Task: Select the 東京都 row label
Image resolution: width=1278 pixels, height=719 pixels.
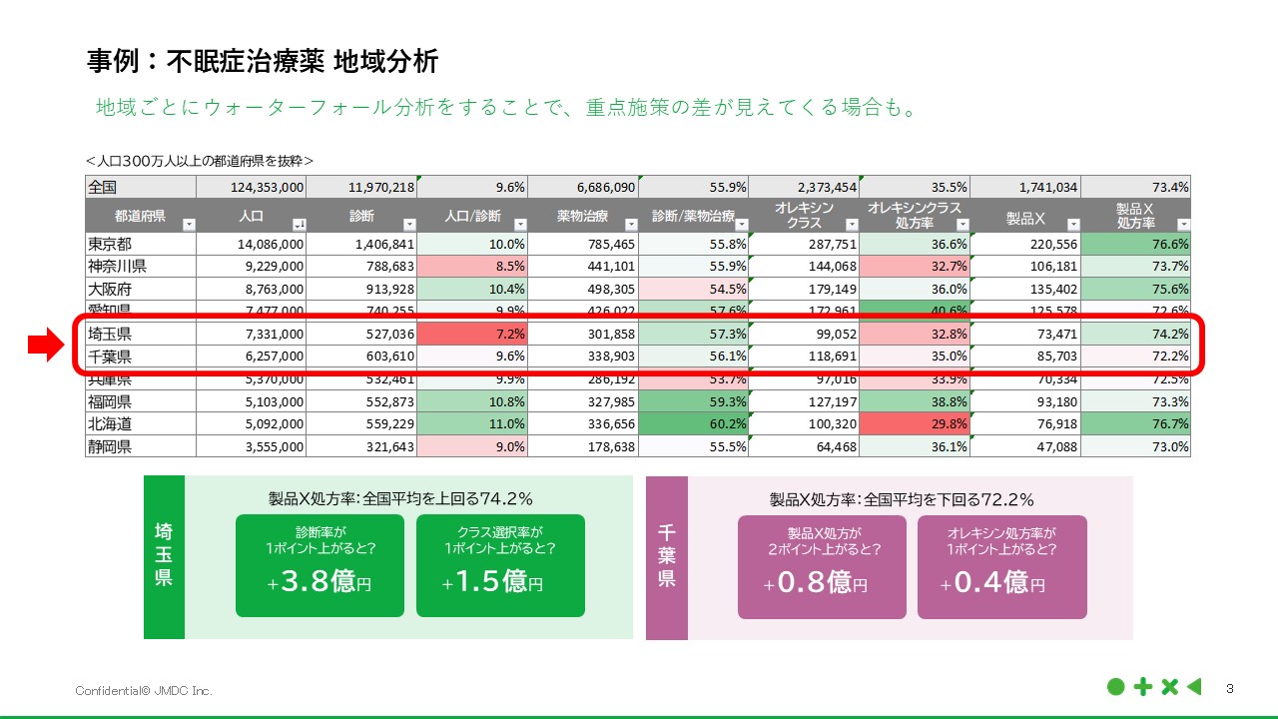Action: tap(110, 244)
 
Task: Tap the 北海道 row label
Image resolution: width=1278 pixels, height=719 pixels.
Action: tap(110, 423)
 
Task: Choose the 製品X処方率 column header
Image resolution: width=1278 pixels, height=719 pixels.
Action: tap(1135, 216)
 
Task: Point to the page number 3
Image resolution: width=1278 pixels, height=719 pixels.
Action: tap(1229, 688)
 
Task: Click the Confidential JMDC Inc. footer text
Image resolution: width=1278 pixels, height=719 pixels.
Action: tap(144, 691)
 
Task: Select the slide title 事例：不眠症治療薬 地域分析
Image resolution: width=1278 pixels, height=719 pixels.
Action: tap(263, 61)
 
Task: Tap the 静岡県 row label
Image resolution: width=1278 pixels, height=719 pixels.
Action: tap(110, 446)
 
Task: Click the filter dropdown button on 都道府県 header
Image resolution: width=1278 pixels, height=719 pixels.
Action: tap(189, 225)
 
